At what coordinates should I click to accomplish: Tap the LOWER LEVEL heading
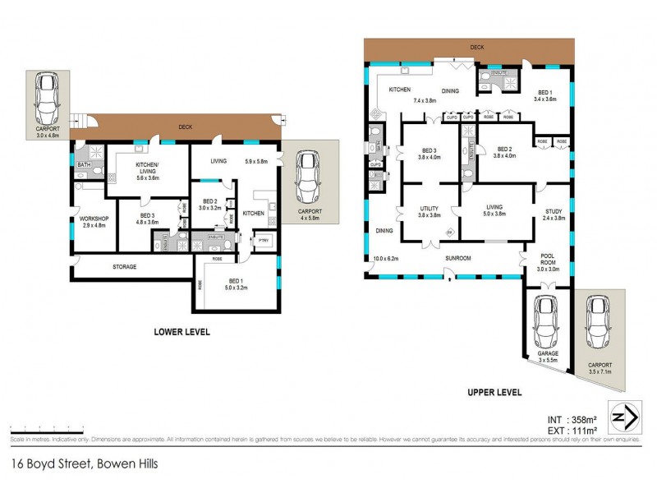tap(181, 332)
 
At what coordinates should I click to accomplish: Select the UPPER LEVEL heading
tap(494, 393)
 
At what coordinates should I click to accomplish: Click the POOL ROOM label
tap(549, 259)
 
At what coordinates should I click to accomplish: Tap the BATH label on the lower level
tap(83, 164)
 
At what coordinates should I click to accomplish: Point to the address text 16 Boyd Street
tap(85, 463)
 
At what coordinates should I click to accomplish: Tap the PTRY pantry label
tap(264, 239)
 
